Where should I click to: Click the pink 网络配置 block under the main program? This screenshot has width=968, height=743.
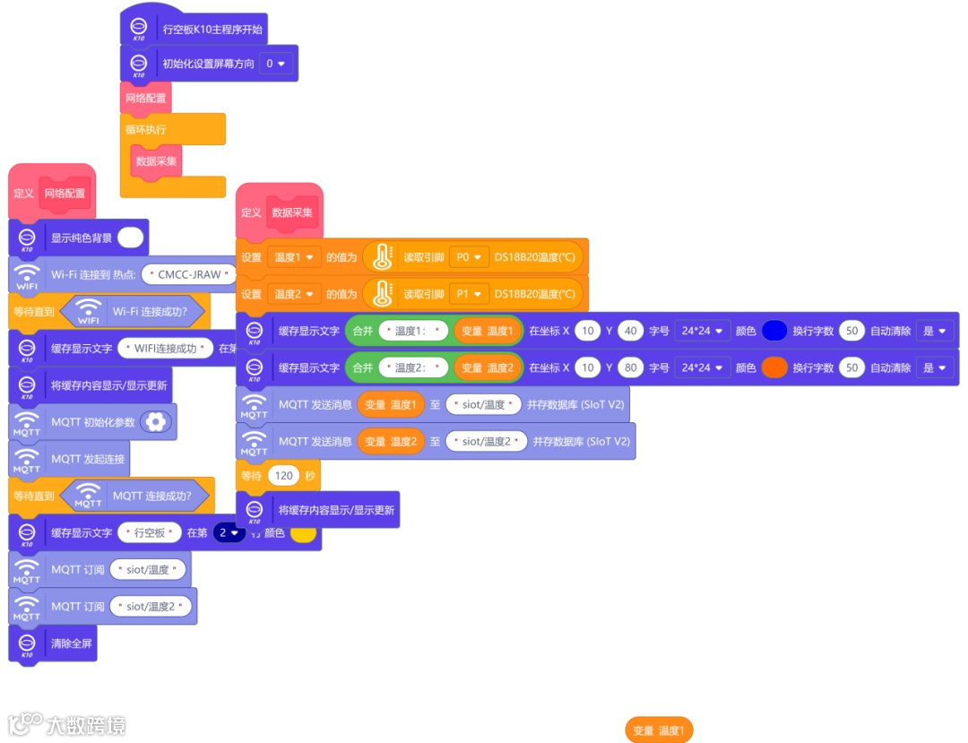click(145, 98)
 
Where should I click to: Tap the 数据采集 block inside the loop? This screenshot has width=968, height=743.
click(157, 161)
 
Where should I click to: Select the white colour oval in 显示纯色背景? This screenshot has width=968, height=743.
click(130, 238)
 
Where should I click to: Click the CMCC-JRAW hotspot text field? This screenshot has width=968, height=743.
click(189, 274)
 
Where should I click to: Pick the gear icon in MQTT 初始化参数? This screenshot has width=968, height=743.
click(156, 422)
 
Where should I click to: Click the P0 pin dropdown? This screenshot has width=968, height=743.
click(469, 257)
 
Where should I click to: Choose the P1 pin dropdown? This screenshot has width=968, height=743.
click(469, 294)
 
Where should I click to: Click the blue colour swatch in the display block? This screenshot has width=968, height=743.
click(774, 331)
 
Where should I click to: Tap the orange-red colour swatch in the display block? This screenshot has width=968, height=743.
click(774, 367)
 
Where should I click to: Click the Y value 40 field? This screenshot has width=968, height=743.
click(630, 331)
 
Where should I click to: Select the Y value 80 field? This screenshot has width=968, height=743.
click(630, 367)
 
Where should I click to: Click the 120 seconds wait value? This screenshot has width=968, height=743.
click(284, 475)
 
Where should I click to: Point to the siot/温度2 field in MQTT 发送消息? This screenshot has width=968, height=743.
click(487, 441)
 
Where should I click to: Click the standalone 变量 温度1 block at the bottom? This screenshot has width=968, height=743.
click(659, 730)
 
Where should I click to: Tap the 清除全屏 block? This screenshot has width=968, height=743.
click(71, 643)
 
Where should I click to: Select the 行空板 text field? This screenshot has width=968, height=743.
click(150, 532)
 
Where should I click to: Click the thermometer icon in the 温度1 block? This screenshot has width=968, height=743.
click(381, 257)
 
